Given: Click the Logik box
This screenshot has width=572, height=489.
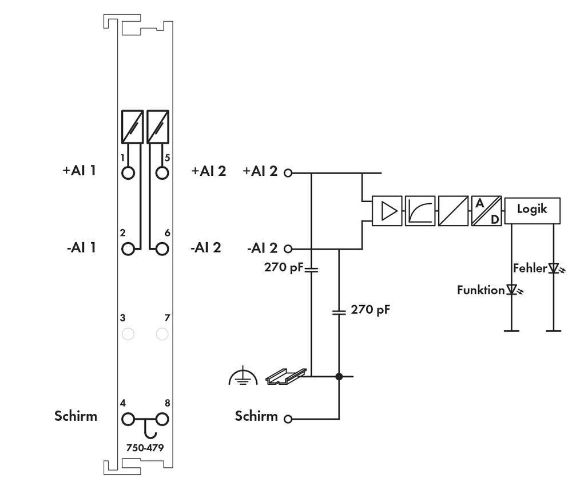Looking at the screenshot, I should tap(532, 210).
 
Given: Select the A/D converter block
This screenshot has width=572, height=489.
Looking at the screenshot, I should tap(486, 211).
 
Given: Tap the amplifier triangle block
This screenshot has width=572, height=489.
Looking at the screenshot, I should tap(387, 211).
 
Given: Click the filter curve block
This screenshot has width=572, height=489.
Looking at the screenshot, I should tap(420, 211).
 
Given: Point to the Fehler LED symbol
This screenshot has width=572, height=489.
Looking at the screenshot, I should tap(553, 268).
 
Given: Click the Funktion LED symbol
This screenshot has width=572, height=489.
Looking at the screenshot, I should tap(511, 290).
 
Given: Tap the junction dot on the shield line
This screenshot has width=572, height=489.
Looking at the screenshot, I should tap(339, 376).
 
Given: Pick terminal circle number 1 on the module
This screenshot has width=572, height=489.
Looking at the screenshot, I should tap(128, 172).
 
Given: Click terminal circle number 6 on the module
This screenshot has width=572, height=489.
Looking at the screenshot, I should tap(162, 249).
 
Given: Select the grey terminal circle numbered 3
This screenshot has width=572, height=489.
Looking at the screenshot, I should tap(128, 334).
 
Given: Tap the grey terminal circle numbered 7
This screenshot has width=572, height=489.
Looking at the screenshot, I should tap(162, 334).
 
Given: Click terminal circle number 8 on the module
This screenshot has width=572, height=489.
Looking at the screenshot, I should tap(162, 419).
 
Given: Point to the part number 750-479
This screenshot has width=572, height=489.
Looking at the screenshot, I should tap(145, 448).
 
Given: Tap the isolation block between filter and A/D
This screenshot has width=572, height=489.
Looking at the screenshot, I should tap(454, 211).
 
